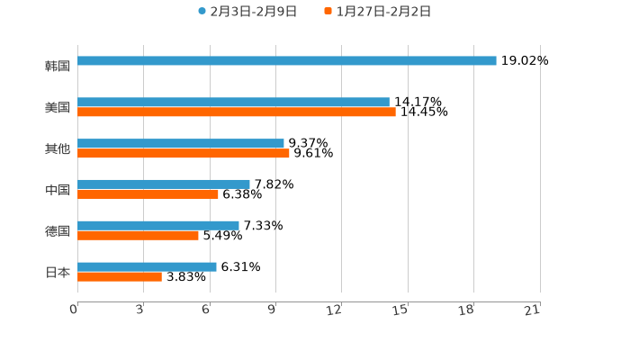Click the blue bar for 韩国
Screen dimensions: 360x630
point(287,61)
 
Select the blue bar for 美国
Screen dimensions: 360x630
point(234,103)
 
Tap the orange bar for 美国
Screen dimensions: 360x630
point(237,112)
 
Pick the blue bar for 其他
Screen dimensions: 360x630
point(181,144)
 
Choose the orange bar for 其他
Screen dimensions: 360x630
point(184,154)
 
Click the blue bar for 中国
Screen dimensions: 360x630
point(164,184)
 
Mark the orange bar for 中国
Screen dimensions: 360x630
point(148,194)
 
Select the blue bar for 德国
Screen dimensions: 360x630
point(158,226)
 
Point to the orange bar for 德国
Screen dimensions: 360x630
point(139,236)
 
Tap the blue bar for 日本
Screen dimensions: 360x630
point(148,267)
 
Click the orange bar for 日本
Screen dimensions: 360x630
point(120,277)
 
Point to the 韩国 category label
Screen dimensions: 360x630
point(58,67)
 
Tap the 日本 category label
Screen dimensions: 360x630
point(58,272)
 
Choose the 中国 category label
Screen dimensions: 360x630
point(58,190)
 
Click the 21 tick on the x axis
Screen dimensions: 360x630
point(533,310)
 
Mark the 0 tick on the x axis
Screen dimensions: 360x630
point(74,310)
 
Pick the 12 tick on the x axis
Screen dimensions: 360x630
point(335,310)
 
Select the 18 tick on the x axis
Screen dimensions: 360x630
point(467,310)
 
